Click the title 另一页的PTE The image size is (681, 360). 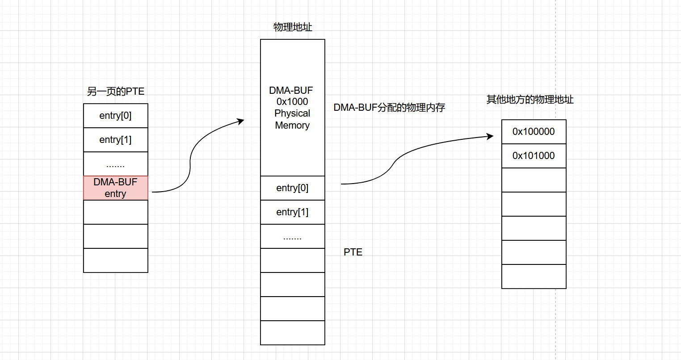(115, 92)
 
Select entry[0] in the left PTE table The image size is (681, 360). (115, 116)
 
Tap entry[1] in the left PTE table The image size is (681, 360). (115, 140)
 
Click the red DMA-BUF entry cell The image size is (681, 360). (115, 188)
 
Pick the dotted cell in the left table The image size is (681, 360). (115, 164)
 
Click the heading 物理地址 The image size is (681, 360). (293, 27)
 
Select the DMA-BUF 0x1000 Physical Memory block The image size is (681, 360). (292, 108)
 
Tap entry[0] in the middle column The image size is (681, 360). (292, 188)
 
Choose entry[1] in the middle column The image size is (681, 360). (292, 212)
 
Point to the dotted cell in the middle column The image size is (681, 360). (292, 236)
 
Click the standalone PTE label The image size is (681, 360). (353, 252)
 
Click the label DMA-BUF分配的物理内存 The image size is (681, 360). (389, 108)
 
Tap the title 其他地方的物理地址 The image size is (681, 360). (530, 100)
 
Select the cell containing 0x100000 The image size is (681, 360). (534, 132)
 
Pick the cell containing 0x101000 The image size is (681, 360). (534, 156)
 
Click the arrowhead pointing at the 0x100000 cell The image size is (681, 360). (490, 136)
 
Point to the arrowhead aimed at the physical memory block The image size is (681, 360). (241, 121)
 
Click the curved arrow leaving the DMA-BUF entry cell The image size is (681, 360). (190, 165)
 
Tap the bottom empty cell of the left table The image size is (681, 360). (115, 260)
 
